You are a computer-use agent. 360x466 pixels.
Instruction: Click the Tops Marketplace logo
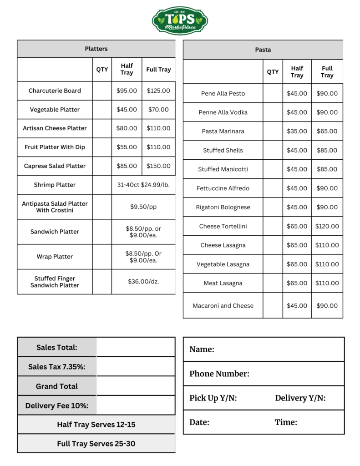[x=180, y=20]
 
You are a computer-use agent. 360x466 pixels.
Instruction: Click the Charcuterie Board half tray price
[x=127, y=91]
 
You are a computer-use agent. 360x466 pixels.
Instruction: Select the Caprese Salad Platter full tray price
[x=158, y=166]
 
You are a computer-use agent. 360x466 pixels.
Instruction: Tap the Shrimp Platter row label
[x=55, y=185]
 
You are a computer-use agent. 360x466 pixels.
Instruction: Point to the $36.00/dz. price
[x=143, y=282]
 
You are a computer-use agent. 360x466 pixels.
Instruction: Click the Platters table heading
[x=96, y=49]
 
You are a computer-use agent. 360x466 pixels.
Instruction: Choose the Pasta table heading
[x=263, y=50]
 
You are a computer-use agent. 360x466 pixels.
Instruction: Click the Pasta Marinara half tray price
[x=297, y=132]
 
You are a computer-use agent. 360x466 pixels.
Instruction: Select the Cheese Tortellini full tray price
[x=327, y=226]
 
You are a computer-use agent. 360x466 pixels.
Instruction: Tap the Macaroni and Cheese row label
[x=223, y=306]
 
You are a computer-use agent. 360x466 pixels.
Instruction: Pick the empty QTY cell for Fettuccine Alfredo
[x=273, y=188]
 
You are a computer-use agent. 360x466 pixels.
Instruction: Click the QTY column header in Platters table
[x=102, y=70]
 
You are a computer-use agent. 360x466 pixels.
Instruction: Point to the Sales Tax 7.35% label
[x=57, y=367]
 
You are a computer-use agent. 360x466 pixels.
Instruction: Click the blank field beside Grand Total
[x=136, y=386]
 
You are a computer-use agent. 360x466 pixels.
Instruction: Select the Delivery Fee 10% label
[x=57, y=405]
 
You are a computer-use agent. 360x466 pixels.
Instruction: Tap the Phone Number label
[x=219, y=374]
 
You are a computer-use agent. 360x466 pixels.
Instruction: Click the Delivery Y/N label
[x=300, y=398]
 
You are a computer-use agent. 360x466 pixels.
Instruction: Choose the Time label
[x=286, y=422]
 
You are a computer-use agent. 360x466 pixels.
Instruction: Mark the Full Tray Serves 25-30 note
[x=96, y=444]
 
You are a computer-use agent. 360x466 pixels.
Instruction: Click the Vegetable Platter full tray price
[x=158, y=110]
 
